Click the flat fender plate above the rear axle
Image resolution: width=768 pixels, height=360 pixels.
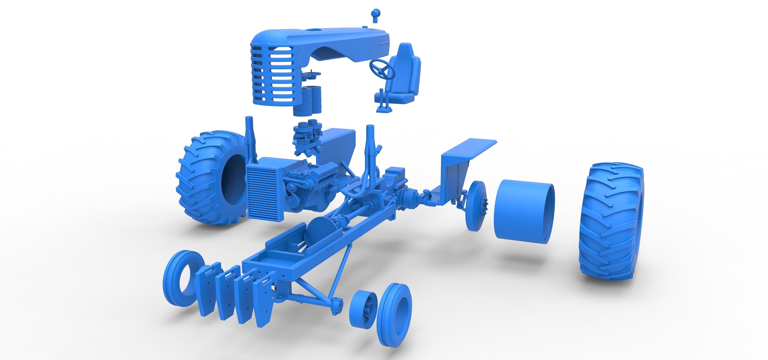470,148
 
